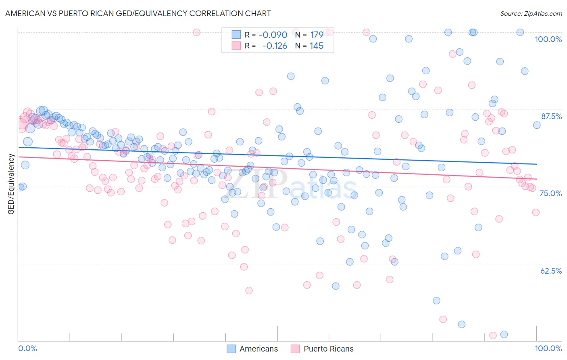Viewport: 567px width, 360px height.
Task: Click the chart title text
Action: [x=138, y=13]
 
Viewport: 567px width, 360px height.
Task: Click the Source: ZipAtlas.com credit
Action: [x=531, y=13]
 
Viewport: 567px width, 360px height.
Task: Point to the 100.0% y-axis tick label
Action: [x=548, y=39]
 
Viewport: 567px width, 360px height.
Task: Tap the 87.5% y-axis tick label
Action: [x=551, y=116]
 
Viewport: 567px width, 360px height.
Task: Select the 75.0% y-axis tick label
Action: [x=550, y=193]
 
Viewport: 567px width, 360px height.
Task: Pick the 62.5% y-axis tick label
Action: [x=551, y=271]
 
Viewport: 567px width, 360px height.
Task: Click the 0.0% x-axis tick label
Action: [x=27, y=348]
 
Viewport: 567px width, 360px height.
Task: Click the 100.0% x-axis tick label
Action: [x=548, y=348]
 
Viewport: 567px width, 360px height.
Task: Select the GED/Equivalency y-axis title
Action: [x=11, y=184]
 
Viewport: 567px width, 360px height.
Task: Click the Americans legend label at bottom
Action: [x=258, y=349]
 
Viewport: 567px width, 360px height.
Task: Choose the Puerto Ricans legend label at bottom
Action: [x=328, y=349]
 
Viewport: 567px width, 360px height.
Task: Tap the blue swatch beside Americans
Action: [x=231, y=349]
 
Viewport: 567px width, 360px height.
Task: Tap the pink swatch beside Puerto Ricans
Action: [x=295, y=349]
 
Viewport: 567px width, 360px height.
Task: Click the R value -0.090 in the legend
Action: [x=273, y=35]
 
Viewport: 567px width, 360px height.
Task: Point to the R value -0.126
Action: [x=274, y=46]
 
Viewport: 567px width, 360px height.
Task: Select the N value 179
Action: [x=317, y=35]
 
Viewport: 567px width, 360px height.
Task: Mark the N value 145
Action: [x=317, y=46]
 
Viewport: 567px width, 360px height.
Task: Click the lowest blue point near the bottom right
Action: [x=504, y=334]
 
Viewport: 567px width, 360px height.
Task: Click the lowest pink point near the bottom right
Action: [x=492, y=335]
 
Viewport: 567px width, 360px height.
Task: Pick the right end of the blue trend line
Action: [x=537, y=164]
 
